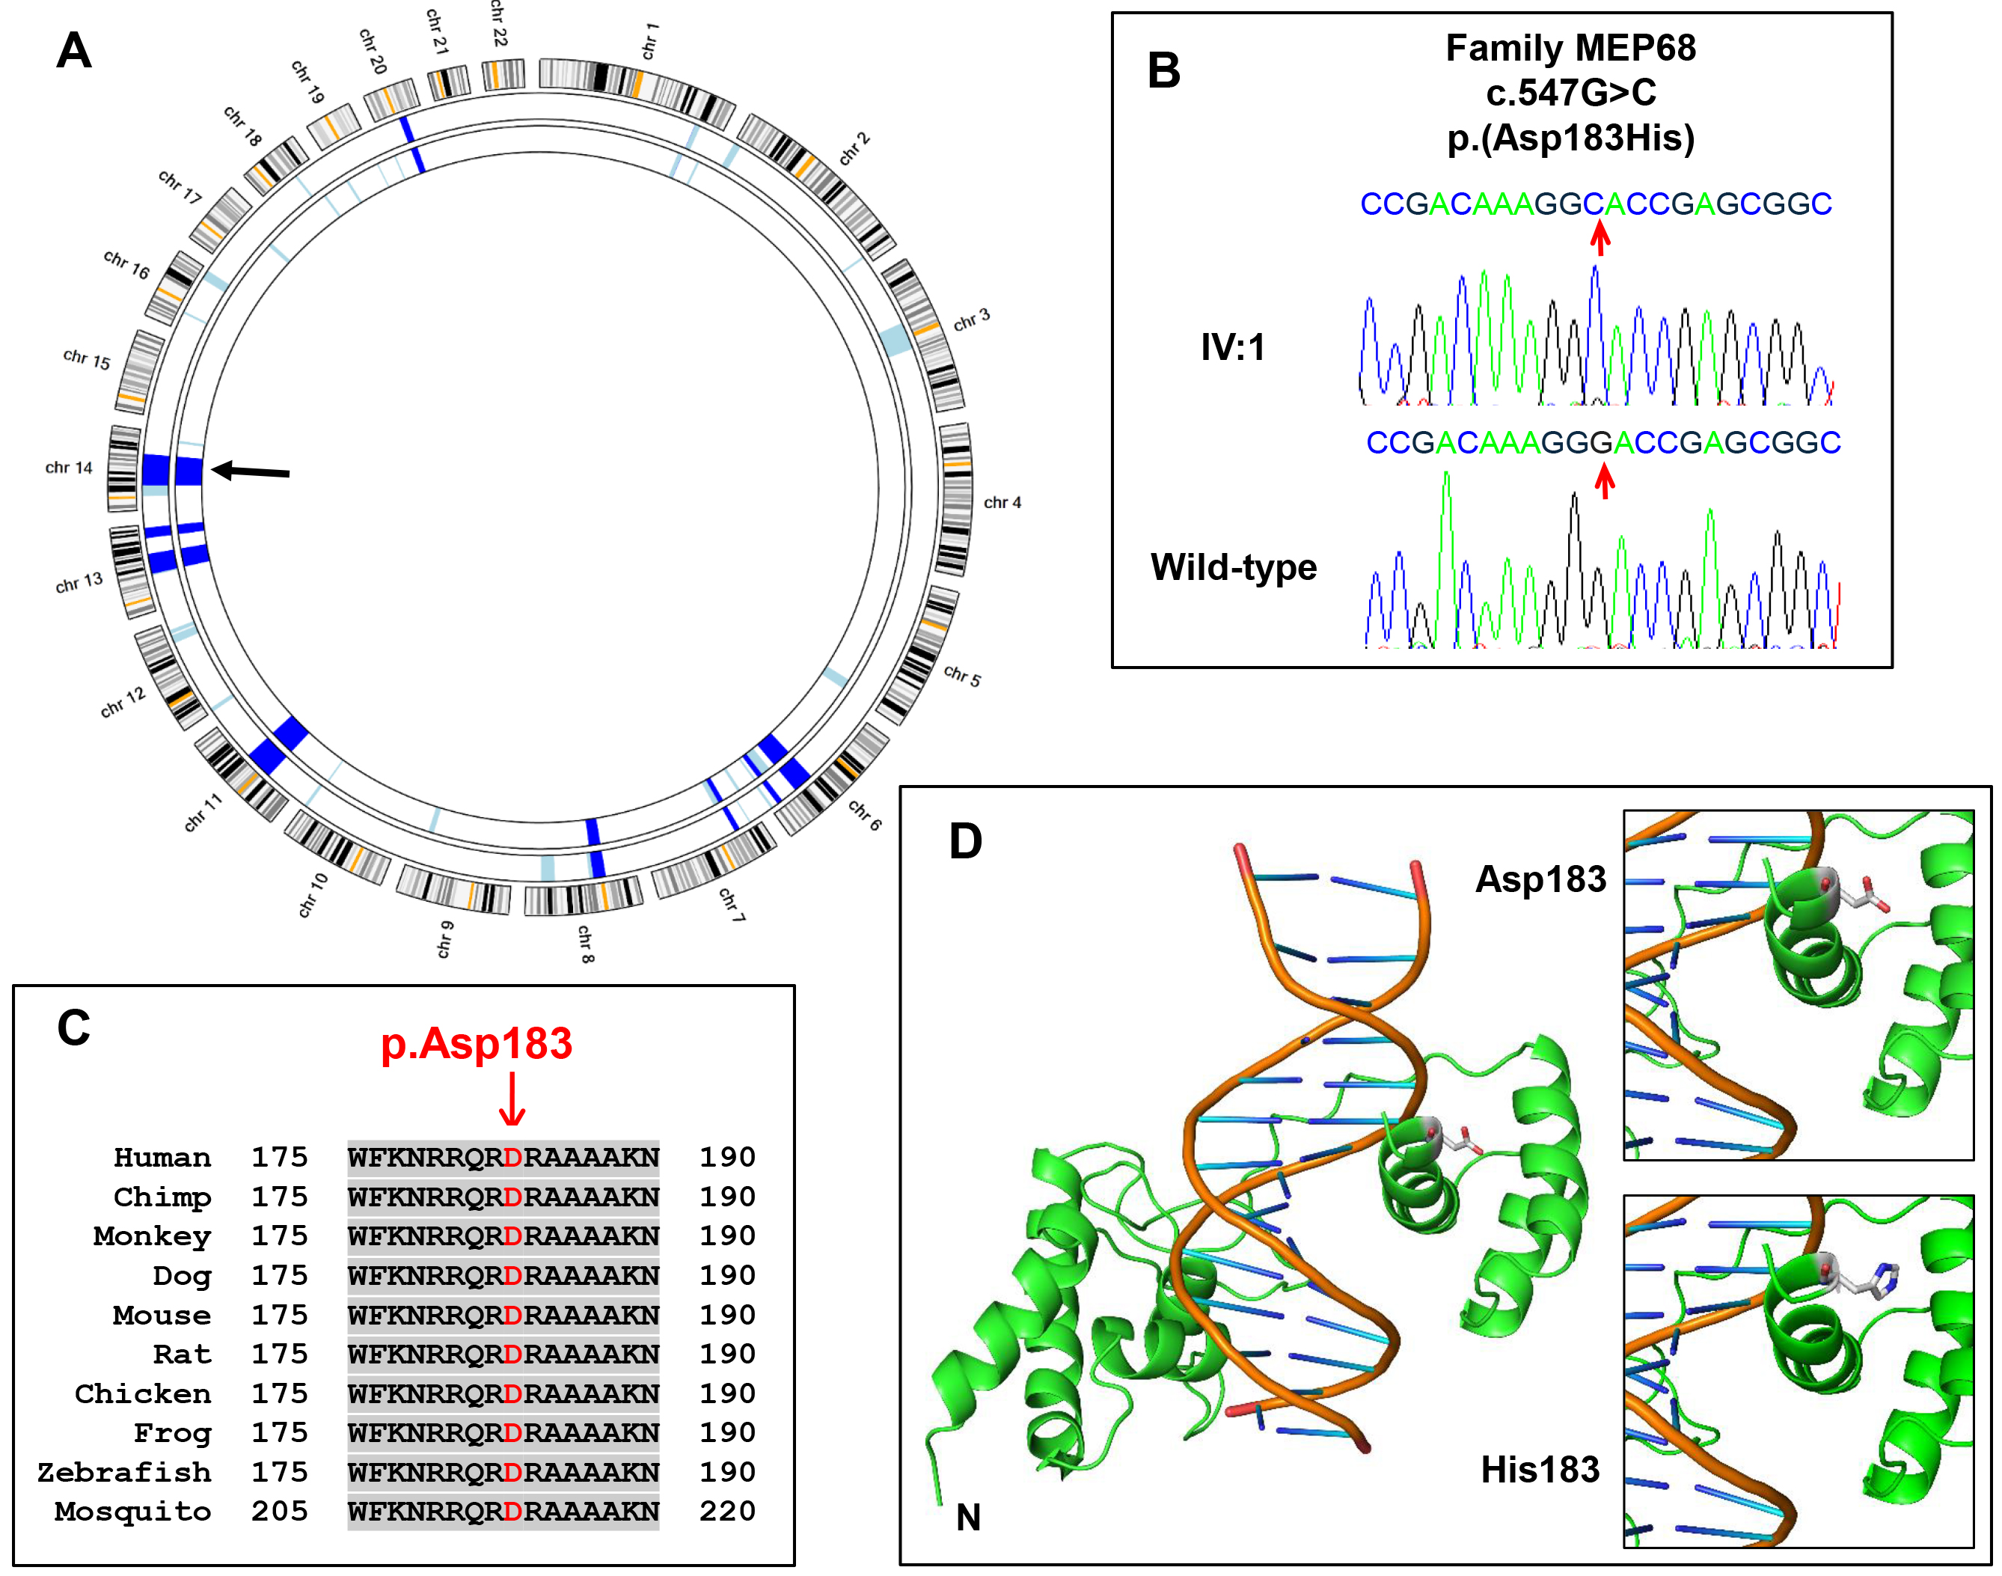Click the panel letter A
pos(74,50)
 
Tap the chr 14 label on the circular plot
pos(69,468)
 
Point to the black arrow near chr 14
pos(250,471)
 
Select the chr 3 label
pos(972,320)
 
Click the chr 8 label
pos(586,944)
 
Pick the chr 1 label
pos(650,41)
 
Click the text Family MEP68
pos(1570,48)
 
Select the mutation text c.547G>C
pos(1570,92)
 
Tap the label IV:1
pos(1233,347)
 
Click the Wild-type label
pos(1234,566)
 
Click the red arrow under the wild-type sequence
pos(1605,480)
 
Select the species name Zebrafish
pos(123,1472)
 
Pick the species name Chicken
pos(142,1393)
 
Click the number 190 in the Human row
pos(727,1157)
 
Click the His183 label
pos(1540,1469)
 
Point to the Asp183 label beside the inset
pos(1540,879)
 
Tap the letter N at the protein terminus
pos(968,1518)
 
